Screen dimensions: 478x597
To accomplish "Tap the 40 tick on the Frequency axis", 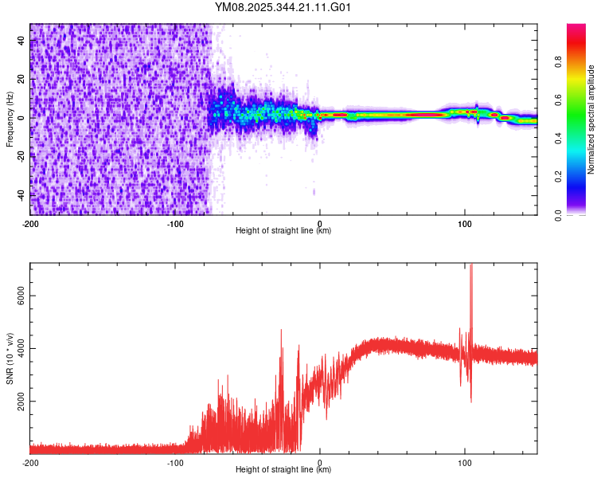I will click(x=21, y=40).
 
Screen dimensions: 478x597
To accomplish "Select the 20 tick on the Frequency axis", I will click(x=21, y=79).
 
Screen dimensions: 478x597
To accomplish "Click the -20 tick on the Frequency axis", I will click(x=21, y=156).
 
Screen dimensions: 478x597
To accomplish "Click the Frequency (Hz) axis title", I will click(x=10, y=119).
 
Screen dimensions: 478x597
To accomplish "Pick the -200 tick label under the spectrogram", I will click(x=30, y=222).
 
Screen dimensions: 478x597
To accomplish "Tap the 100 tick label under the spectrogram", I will click(x=464, y=222).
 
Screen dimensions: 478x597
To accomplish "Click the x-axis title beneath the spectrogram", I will click(x=283, y=231).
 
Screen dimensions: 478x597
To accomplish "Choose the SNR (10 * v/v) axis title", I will click(x=10, y=358).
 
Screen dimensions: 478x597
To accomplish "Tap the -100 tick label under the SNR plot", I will click(x=175, y=462).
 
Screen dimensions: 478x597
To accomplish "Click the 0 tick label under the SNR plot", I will click(x=320, y=462).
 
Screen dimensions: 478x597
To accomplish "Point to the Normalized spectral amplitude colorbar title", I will click(x=591, y=119).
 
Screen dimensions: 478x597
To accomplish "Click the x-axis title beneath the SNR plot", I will click(x=283, y=471).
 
